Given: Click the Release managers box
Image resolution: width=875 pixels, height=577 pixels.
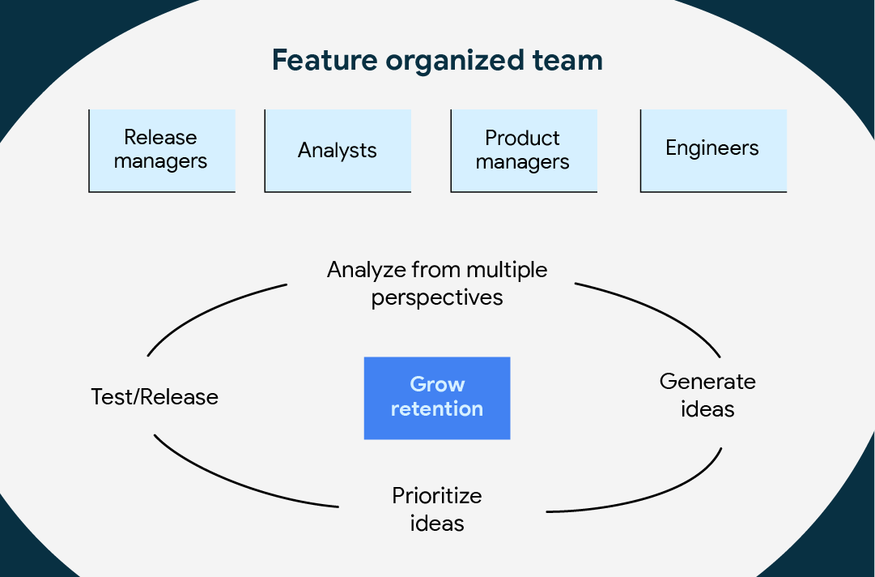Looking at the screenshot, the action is [162, 151].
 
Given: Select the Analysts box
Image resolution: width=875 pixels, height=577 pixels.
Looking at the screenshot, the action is [338, 151].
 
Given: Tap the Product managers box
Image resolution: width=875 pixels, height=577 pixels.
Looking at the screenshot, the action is [524, 151].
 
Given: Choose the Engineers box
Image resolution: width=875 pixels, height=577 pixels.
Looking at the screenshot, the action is [713, 151].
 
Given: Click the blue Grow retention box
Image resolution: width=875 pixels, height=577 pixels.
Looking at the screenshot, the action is [437, 398].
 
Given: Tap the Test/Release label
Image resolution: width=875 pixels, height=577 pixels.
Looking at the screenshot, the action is [155, 397].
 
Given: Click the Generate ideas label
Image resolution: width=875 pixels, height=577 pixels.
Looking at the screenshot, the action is [707, 395].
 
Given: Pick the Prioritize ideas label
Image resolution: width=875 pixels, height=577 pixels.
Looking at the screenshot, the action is [437, 510].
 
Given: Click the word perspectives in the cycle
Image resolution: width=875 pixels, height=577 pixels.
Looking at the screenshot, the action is [437, 297].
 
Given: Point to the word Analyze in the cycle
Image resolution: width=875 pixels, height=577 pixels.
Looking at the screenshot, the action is [367, 271].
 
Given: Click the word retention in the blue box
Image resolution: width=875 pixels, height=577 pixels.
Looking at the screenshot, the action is [437, 409].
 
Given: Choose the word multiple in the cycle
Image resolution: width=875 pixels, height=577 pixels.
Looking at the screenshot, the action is [507, 271].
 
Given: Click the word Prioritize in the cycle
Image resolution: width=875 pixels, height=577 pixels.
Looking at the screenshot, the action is [437, 496].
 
